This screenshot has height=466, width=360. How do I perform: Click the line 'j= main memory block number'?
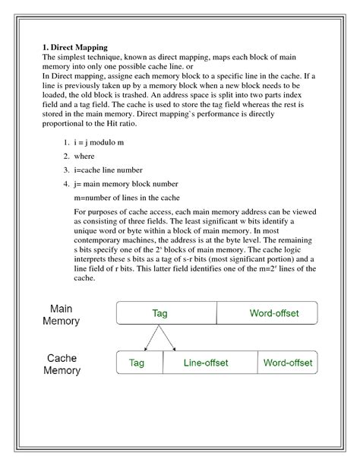[x=126, y=183]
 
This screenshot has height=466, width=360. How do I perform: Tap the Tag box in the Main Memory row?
[x=160, y=313]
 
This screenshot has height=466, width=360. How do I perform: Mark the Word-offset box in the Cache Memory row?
[x=287, y=363]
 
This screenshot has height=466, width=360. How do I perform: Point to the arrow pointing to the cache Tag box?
[x=150, y=339]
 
